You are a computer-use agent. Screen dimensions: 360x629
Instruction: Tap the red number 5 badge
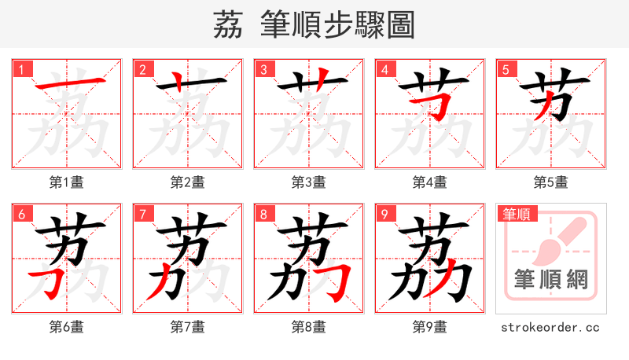pyautogui.click(x=506, y=69)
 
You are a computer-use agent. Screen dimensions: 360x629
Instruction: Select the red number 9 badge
pyautogui.click(x=385, y=214)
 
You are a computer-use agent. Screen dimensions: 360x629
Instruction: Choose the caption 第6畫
pyautogui.click(x=66, y=326)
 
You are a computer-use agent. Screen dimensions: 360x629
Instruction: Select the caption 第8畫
pyautogui.click(x=308, y=326)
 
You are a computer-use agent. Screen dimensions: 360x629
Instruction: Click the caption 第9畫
pyautogui.click(x=429, y=326)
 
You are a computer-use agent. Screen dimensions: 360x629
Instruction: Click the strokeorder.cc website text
pyautogui.click(x=550, y=326)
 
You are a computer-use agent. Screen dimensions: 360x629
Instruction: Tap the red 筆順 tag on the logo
pyautogui.click(x=516, y=214)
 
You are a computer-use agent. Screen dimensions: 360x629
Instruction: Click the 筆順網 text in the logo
pyautogui.click(x=550, y=280)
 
